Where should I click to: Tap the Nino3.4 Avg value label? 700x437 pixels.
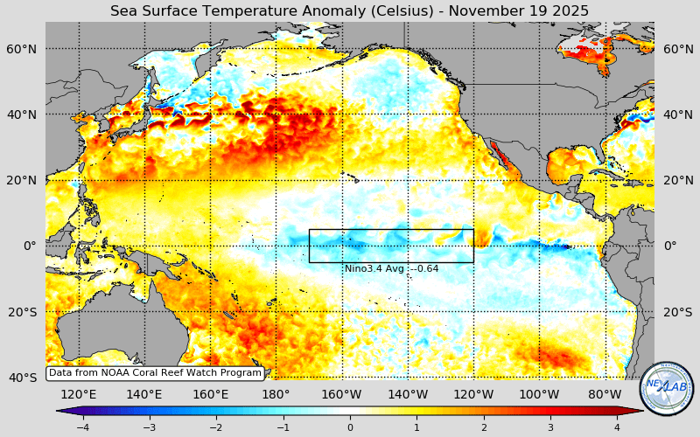(x=391, y=268)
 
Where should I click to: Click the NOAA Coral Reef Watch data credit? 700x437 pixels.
(x=155, y=372)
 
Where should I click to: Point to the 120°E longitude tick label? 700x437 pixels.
(x=79, y=394)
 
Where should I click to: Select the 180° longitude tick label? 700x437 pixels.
(x=276, y=394)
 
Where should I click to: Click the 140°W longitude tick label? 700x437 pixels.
(x=408, y=394)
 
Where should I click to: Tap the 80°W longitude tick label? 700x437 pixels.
(x=605, y=394)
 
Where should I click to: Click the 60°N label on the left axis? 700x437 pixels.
(x=24, y=49)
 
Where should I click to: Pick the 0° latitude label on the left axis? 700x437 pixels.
(x=30, y=246)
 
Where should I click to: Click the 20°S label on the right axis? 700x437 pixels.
(x=677, y=312)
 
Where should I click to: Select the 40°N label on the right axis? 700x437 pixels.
(x=677, y=114)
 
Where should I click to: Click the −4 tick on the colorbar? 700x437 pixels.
(x=82, y=427)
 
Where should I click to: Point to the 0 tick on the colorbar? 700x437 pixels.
(x=350, y=427)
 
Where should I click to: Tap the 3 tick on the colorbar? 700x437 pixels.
(x=550, y=427)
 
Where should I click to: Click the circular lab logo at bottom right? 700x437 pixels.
(x=666, y=389)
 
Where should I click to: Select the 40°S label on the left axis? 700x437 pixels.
(x=24, y=378)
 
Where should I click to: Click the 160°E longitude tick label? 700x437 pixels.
(x=210, y=394)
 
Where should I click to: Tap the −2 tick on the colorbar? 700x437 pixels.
(x=216, y=427)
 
